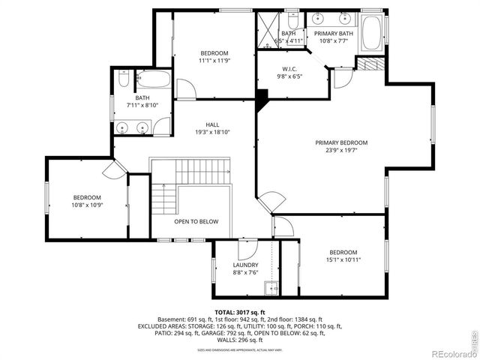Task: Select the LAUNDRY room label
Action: tap(245, 265)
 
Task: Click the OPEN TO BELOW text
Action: tap(196, 221)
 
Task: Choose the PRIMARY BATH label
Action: tap(334, 34)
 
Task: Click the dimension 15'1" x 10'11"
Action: tap(343, 260)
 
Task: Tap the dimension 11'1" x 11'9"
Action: tap(214, 61)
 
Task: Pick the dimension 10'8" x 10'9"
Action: tap(86, 205)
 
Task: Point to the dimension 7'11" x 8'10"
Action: tap(142, 106)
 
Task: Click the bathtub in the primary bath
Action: tap(372, 32)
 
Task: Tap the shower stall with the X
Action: tap(267, 29)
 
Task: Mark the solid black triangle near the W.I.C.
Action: tap(262, 97)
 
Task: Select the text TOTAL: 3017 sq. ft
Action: tap(240, 312)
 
